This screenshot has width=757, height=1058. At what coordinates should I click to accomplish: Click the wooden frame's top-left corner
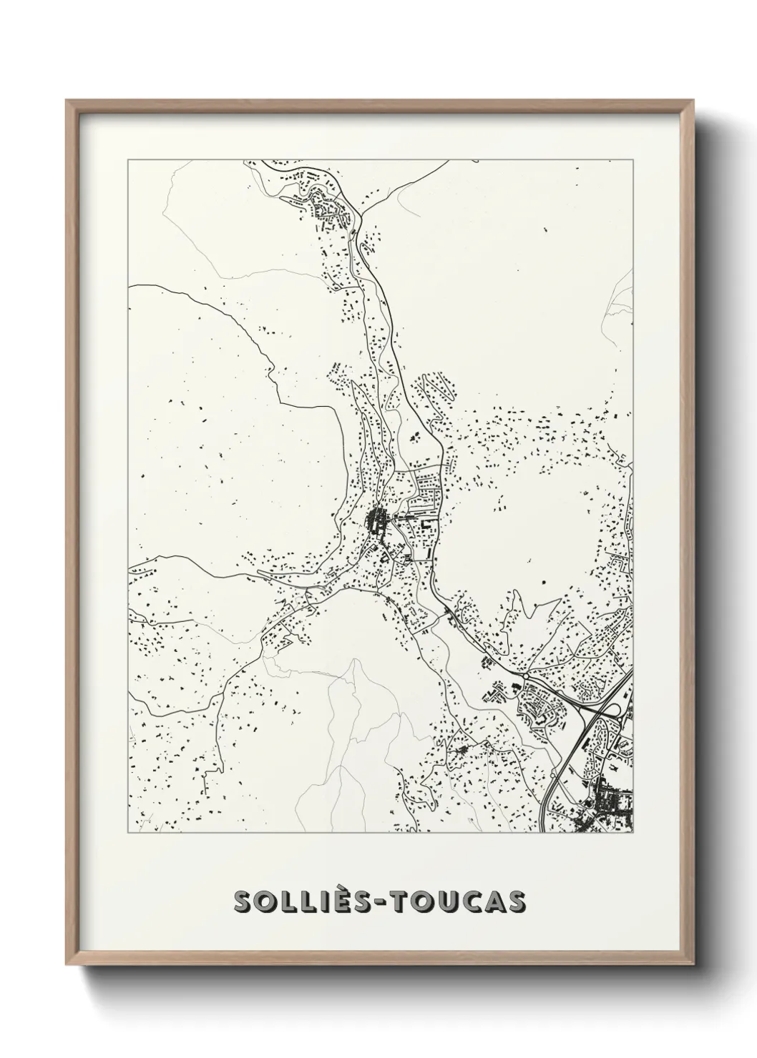click(67, 101)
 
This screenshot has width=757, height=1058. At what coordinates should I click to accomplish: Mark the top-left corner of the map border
click(128, 160)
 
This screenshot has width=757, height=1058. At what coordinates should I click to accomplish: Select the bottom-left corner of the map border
click(128, 833)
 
